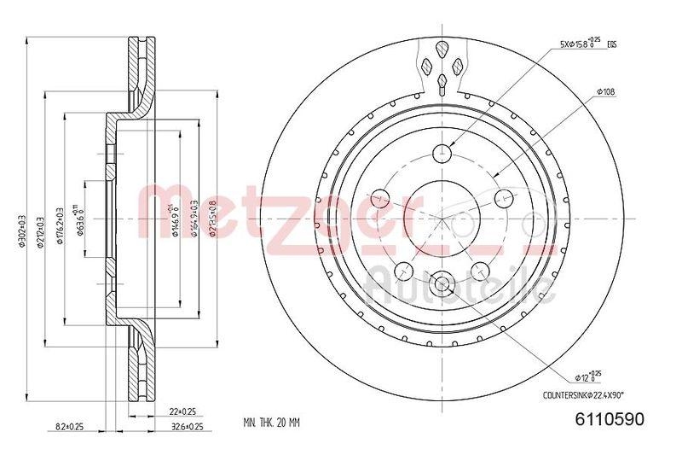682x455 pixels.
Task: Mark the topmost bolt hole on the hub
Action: (x=442, y=154)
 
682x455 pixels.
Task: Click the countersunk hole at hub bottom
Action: (x=442, y=282)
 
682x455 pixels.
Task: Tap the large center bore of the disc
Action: (x=442, y=217)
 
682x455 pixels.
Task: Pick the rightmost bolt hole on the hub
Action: (x=501, y=197)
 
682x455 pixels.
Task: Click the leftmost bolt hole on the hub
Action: (x=381, y=197)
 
